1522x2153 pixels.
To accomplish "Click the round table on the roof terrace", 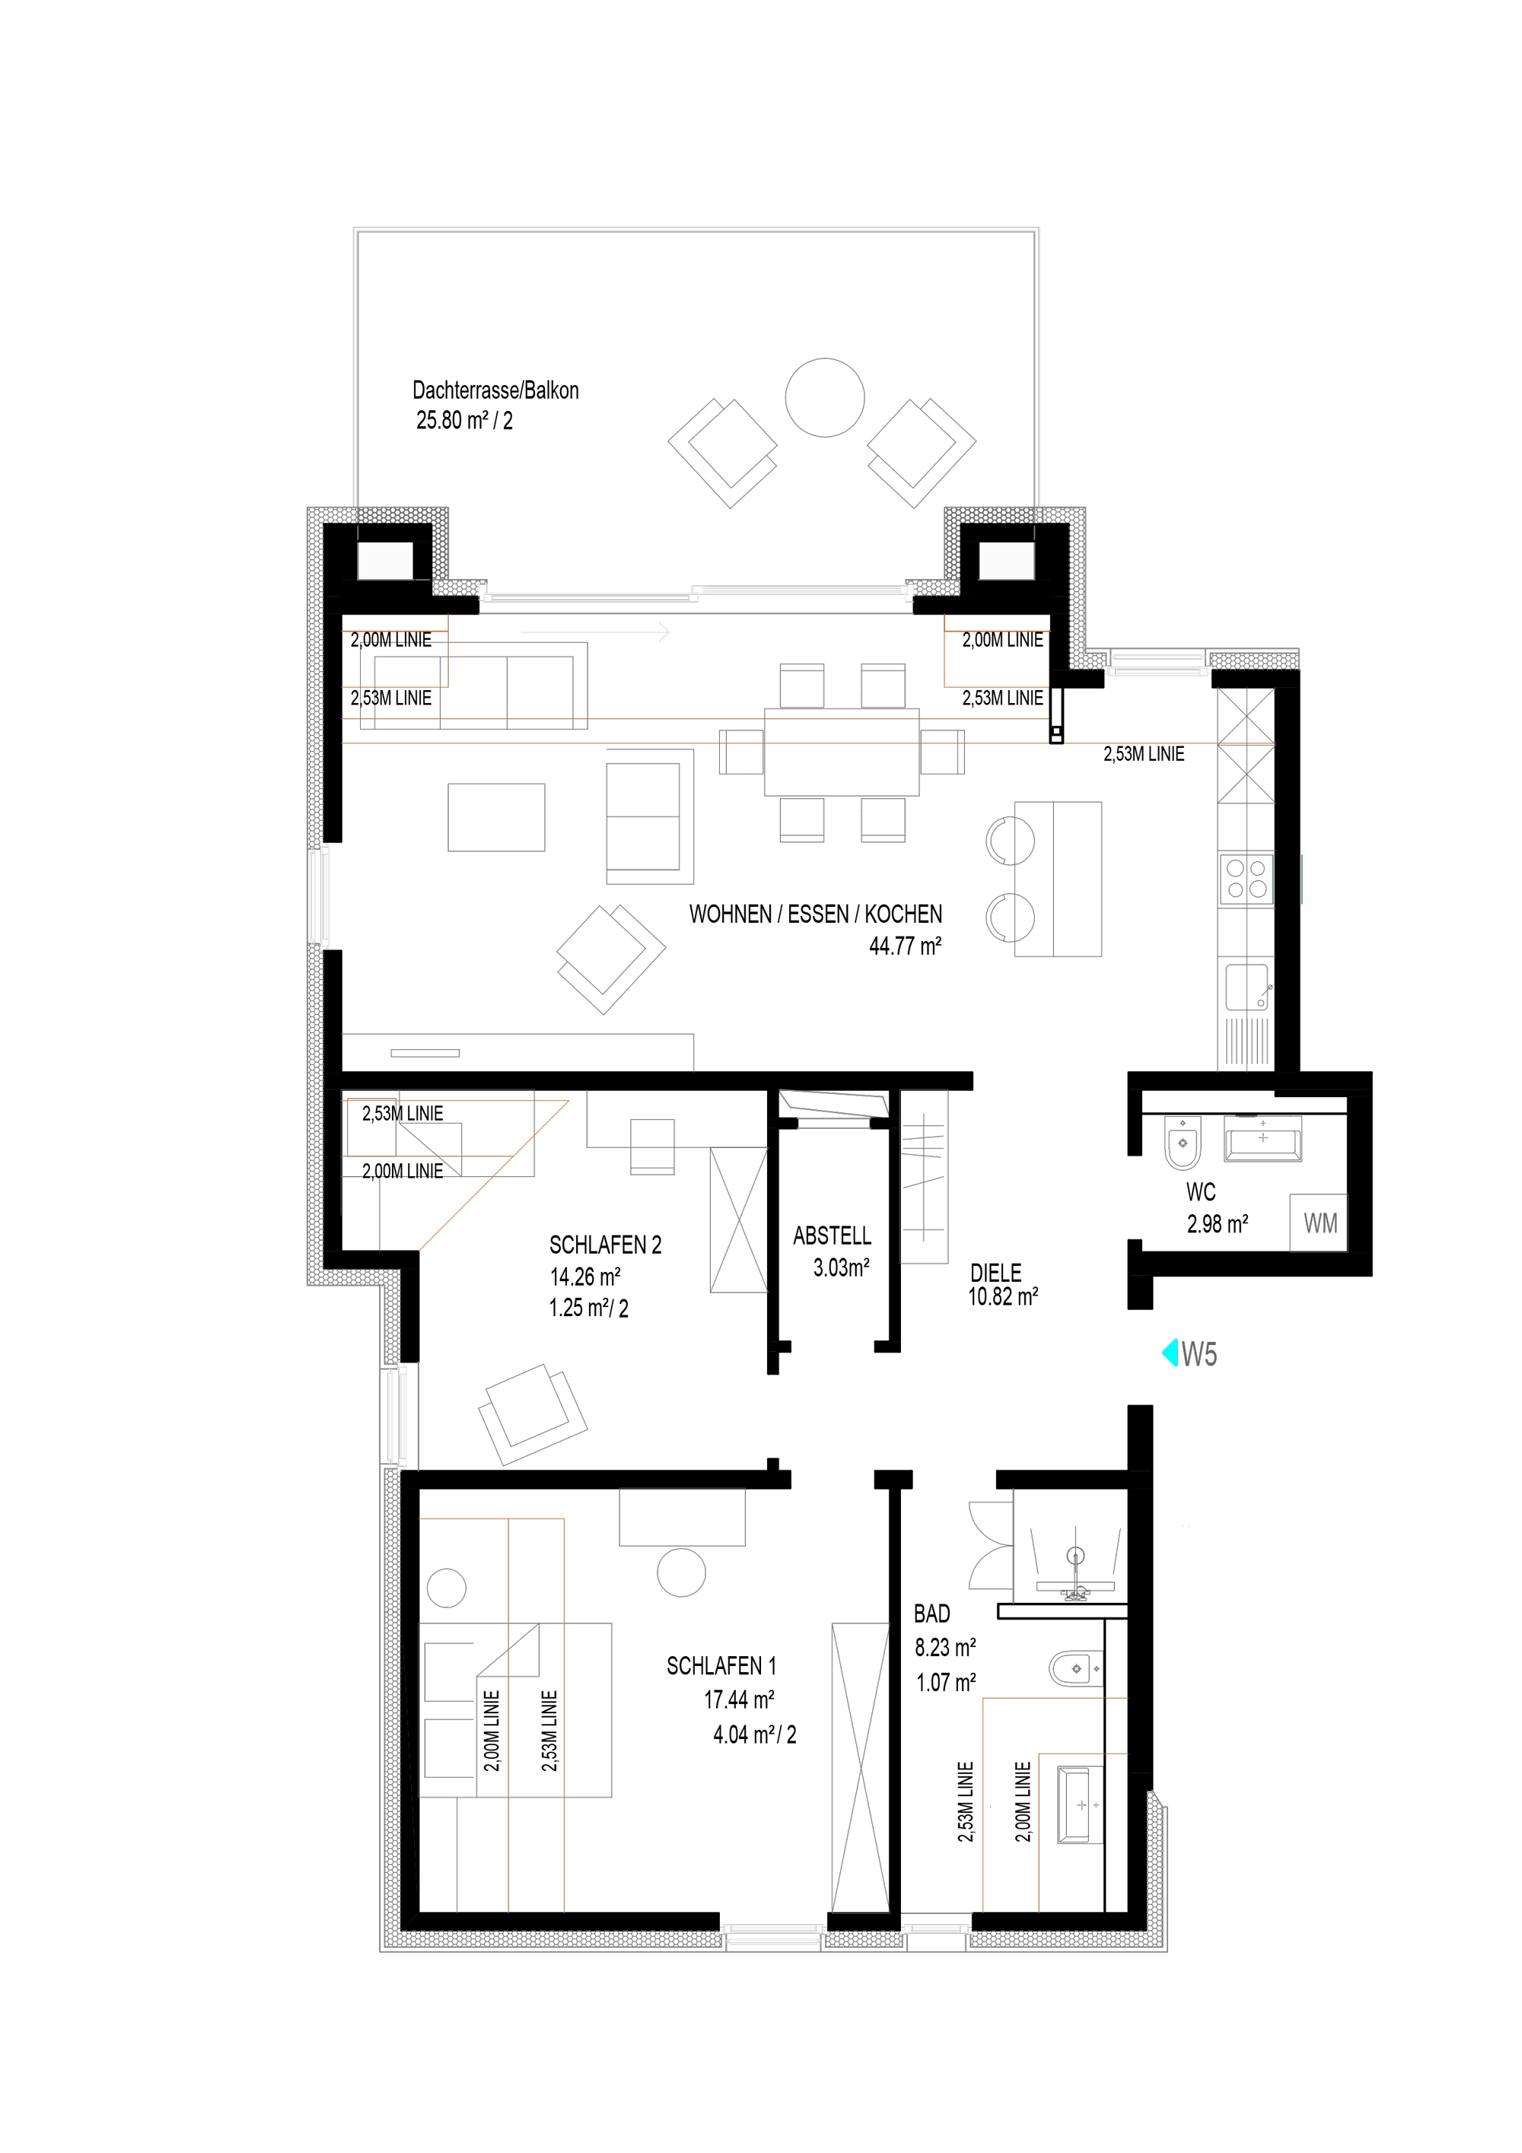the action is (824, 398).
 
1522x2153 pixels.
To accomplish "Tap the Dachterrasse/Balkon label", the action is (495, 390).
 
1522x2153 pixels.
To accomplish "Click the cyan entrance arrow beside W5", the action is (1170, 1353).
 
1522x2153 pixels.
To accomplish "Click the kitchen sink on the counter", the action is (1248, 987).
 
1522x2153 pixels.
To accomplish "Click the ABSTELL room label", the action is (832, 1236).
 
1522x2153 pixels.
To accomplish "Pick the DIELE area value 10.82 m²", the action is (1002, 1297).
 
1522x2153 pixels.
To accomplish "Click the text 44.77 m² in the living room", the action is (905, 945).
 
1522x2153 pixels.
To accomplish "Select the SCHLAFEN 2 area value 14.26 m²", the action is (585, 1277).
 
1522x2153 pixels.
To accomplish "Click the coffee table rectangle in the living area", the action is (496, 818).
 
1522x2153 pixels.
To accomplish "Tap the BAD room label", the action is (931, 1614).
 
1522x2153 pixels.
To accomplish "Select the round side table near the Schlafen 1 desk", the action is (681, 1573).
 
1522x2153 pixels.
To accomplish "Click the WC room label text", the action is (1200, 1192).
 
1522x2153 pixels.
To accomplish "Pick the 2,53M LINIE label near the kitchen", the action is (1143, 754).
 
